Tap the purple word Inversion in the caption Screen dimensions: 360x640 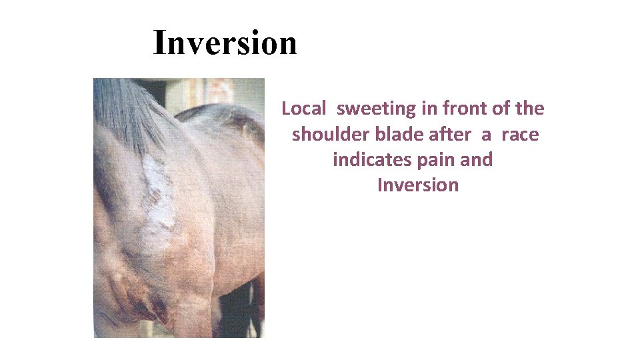[418, 185]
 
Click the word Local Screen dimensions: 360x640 [304, 108]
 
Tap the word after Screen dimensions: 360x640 [449, 134]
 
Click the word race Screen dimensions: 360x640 [520, 134]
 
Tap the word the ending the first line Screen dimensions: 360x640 [530, 108]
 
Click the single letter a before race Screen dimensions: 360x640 [487, 135]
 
